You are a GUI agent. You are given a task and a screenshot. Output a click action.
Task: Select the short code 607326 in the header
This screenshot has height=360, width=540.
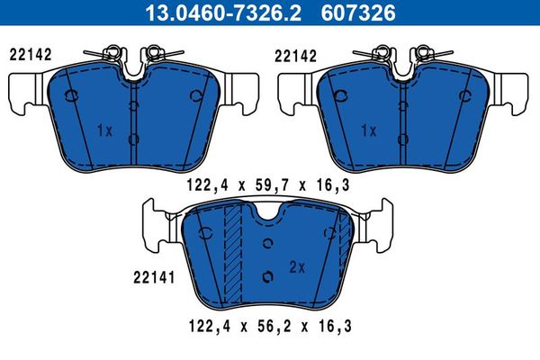click(363, 12)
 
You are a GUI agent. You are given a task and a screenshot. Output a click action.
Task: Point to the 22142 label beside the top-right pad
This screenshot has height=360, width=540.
click(294, 54)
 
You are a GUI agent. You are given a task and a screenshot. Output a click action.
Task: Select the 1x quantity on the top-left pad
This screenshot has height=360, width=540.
click(103, 130)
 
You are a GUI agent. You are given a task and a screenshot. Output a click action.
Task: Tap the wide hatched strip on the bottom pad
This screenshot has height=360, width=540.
click(234, 256)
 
